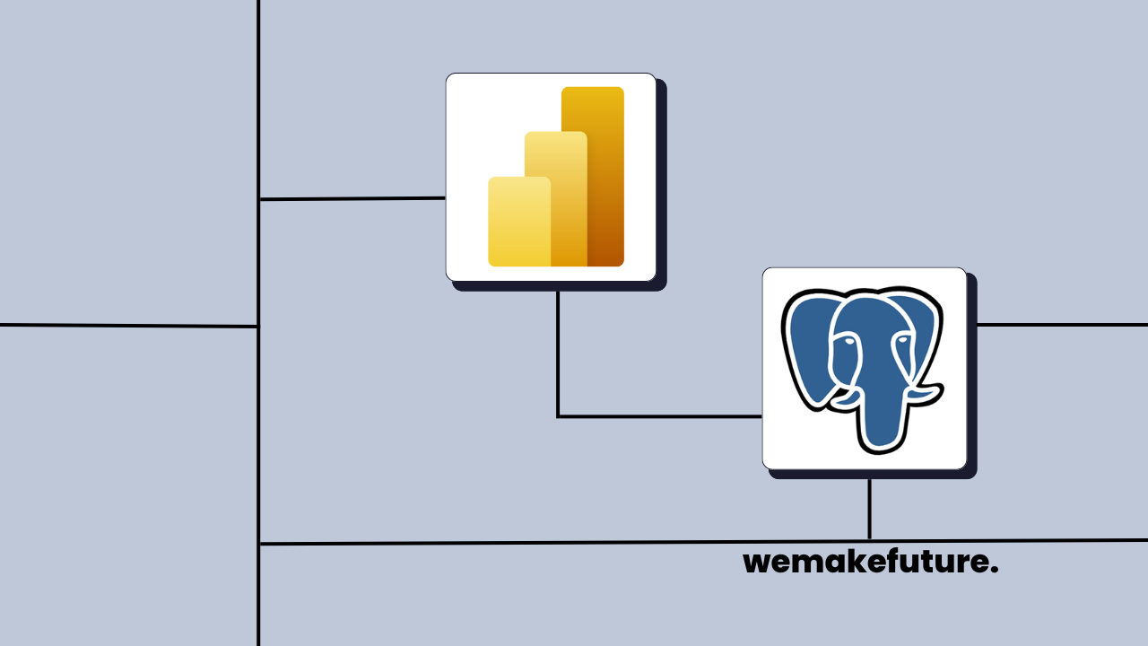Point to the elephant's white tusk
coord(924,391)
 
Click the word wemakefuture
coord(870,563)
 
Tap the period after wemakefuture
coord(995,571)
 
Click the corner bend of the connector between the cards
coord(558,416)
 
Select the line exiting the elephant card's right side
coord(1058,325)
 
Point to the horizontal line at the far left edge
coord(126,326)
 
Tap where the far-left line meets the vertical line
coord(258,327)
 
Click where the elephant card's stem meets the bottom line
coord(869,541)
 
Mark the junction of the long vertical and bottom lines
coord(259,544)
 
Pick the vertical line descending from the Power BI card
coord(558,350)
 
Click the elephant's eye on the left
coord(846,340)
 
